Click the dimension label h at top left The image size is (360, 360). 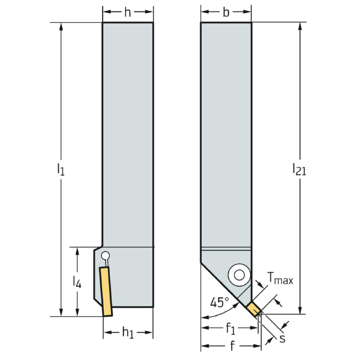pos(128,12)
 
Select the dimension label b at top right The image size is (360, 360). pos(226,12)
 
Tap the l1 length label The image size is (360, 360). pos(60,170)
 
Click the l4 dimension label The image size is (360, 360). pos(77,280)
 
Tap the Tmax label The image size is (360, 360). pos(280,280)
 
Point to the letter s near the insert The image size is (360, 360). pos(283,339)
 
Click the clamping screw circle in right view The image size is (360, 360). pos(239,275)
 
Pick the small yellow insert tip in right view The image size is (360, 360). pos(253,308)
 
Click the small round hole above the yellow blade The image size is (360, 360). pos(106,256)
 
